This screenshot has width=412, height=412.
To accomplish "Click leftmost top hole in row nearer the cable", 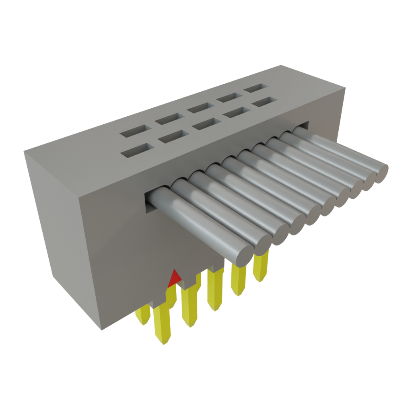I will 135,151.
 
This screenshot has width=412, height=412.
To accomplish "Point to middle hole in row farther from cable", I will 200,107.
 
